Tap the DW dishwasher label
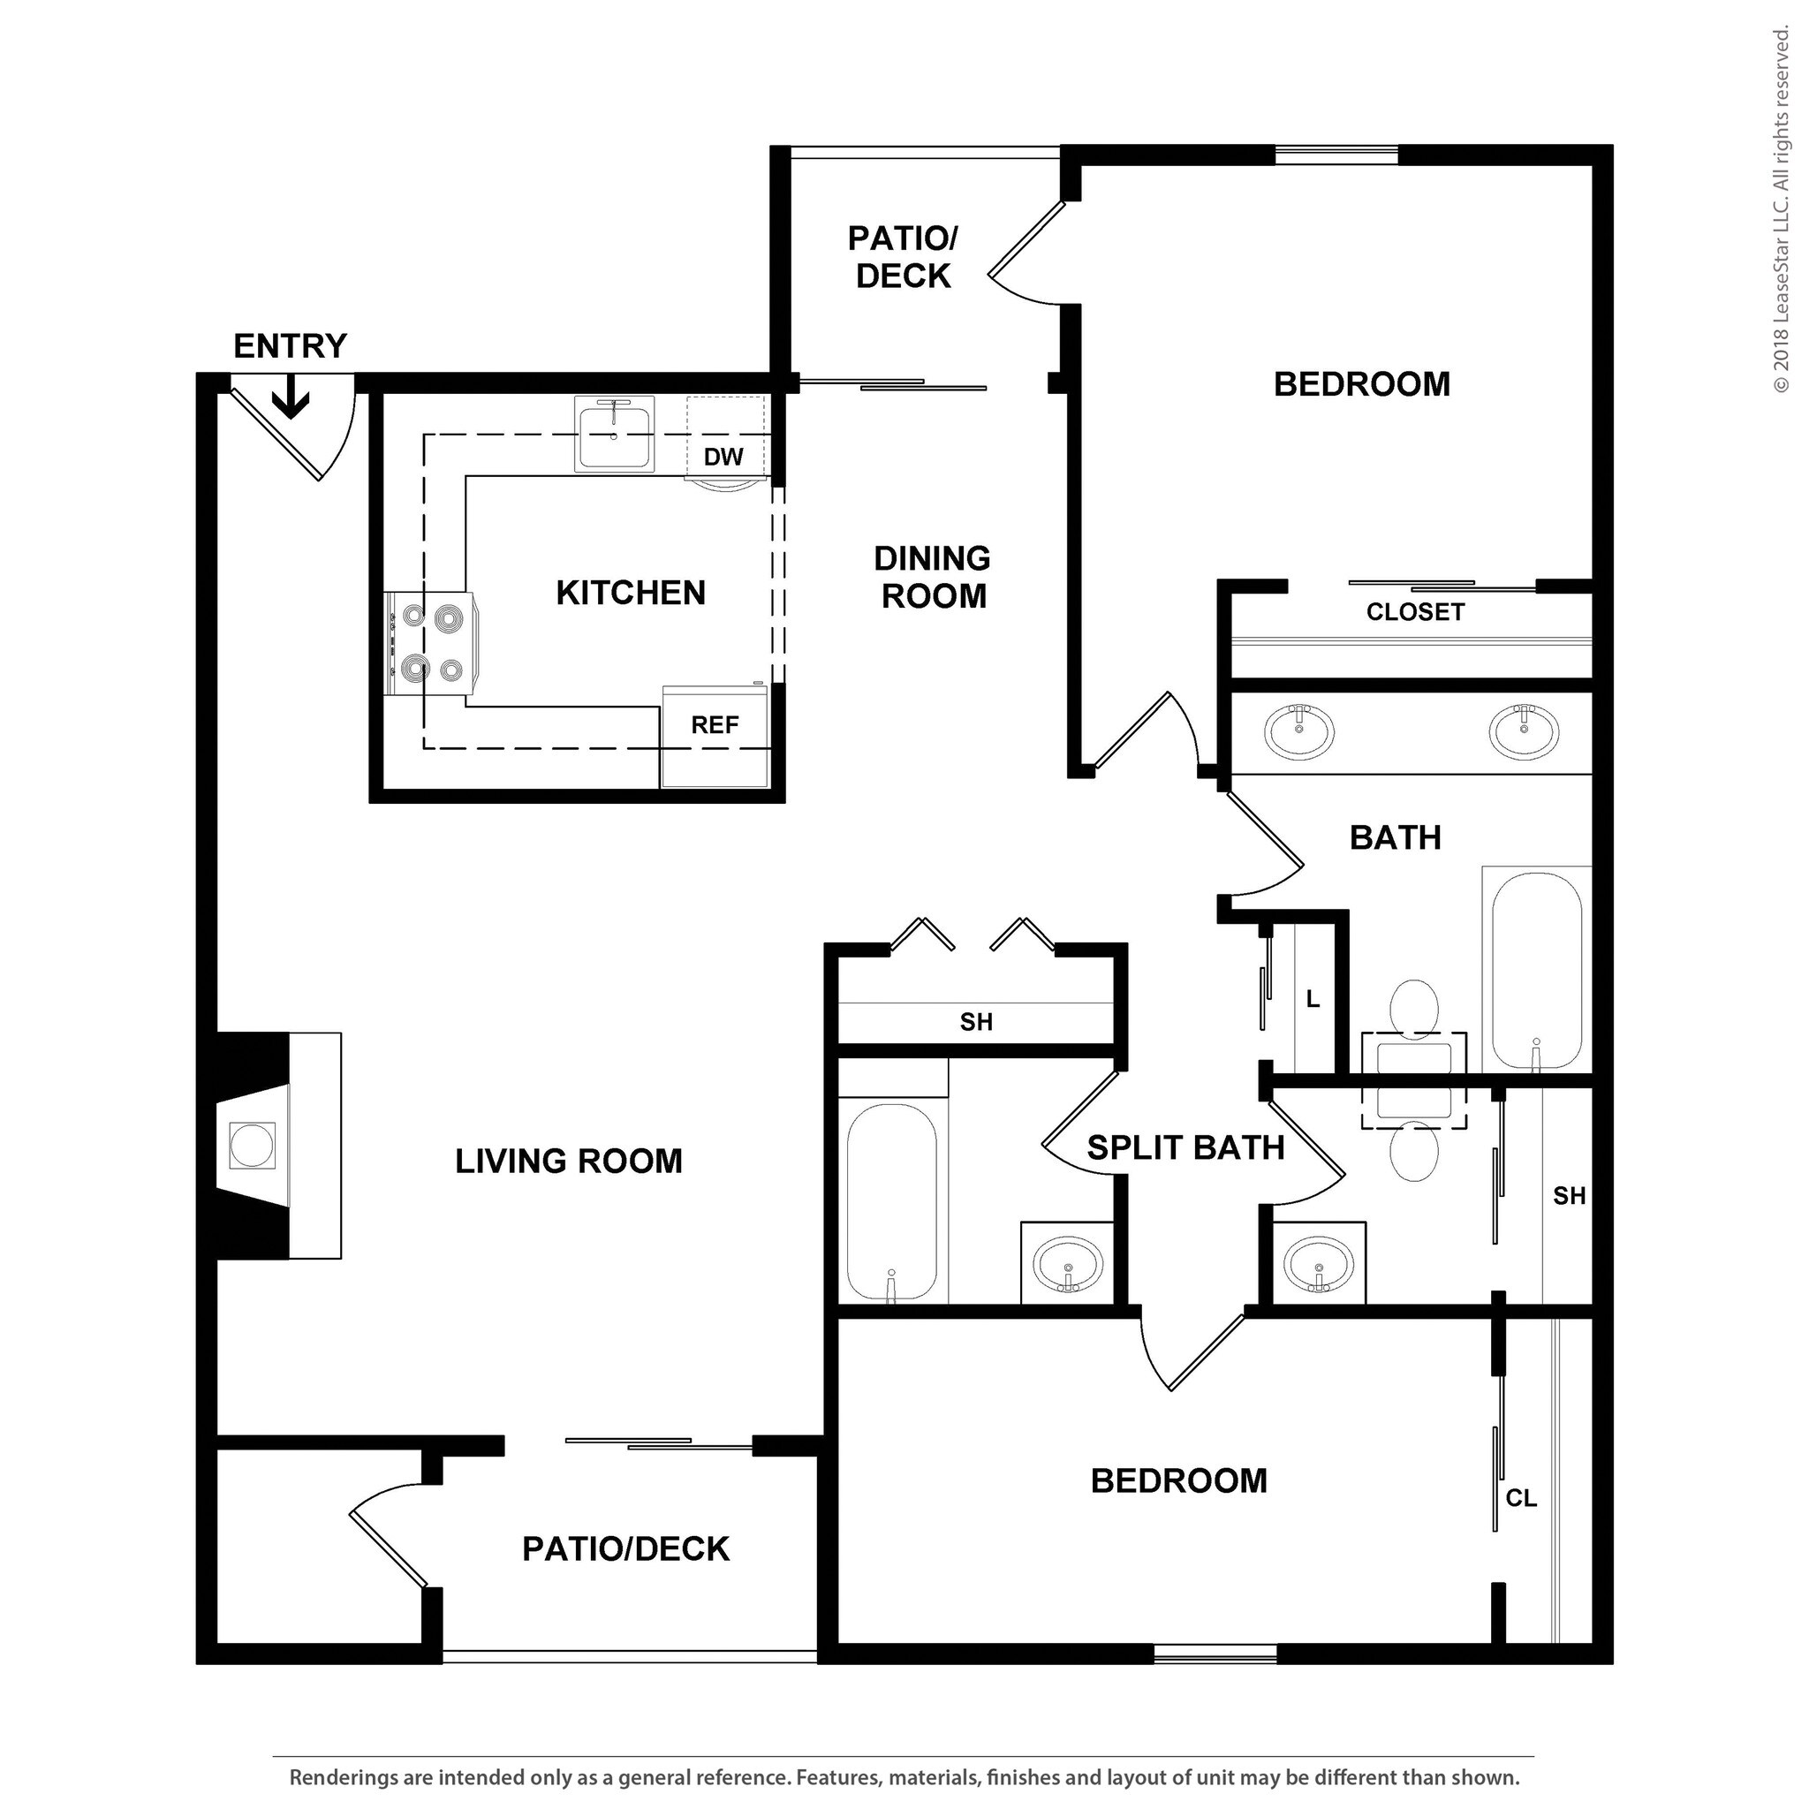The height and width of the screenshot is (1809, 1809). pos(723,457)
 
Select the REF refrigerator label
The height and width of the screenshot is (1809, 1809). pos(715,724)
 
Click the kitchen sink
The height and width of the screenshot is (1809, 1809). pos(613,435)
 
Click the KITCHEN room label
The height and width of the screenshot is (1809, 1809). pos(630,593)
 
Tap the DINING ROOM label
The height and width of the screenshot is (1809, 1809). pos(933,577)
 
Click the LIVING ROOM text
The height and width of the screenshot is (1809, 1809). pos(568,1161)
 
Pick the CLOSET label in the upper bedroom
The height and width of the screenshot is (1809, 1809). pos(1414,612)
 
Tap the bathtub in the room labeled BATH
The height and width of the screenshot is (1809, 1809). pos(1537,969)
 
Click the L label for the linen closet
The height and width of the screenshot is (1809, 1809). pos(1313,999)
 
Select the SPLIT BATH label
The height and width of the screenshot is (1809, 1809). pos(1185,1148)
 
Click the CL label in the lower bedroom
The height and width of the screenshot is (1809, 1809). pos(1521,1498)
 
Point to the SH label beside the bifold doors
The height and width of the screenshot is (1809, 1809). pos(976,1022)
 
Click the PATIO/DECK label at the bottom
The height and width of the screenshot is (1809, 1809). pos(625,1548)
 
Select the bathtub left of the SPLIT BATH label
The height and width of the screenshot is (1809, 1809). pos(890,1202)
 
